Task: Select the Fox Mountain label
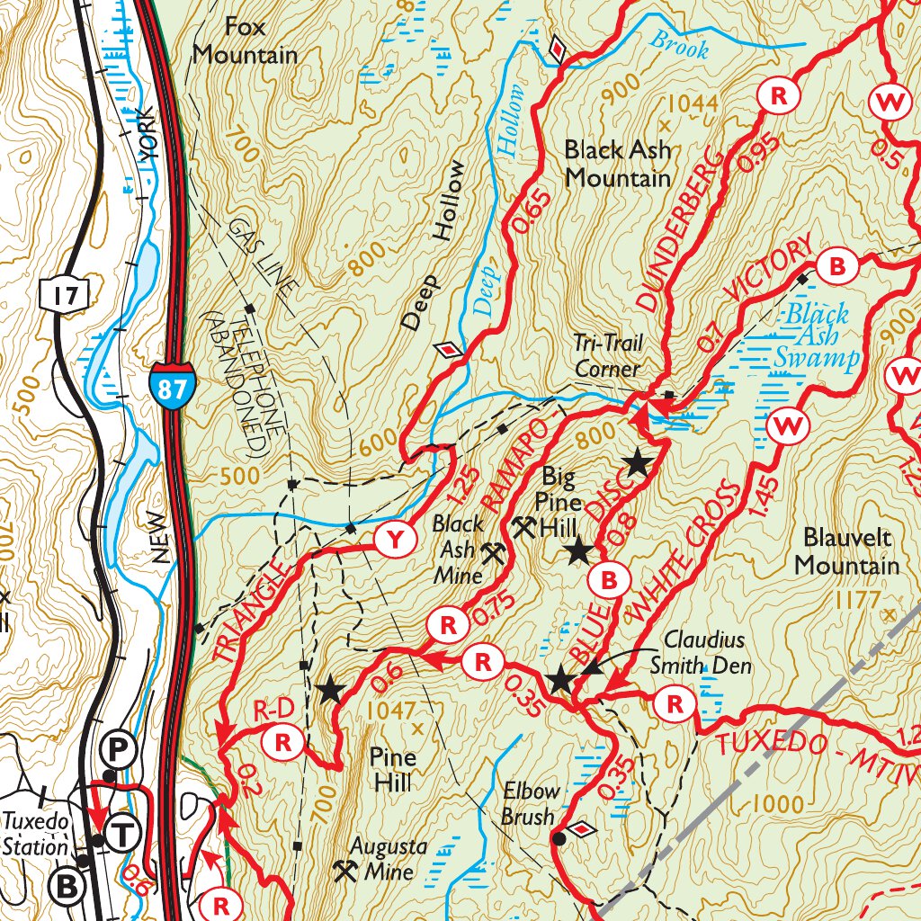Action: (245, 40)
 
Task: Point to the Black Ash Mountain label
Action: (617, 163)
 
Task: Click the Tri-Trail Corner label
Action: (608, 355)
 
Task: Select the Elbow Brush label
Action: (530, 804)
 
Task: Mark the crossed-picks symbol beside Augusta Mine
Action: (344, 870)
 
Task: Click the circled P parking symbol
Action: (116, 747)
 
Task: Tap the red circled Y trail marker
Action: (395, 539)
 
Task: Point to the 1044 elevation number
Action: (693, 103)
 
